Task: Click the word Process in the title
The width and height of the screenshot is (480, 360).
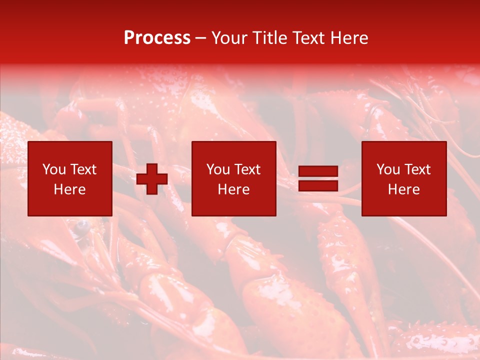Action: click(157, 38)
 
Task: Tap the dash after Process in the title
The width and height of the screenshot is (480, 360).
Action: click(201, 38)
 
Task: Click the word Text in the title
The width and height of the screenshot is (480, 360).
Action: click(310, 38)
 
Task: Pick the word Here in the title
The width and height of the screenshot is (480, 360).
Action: click(350, 38)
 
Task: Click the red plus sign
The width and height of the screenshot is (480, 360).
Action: click(152, 179)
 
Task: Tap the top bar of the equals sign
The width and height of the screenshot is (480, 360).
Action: click(318, 172)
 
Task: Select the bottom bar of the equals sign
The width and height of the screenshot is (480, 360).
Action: click(318, 186)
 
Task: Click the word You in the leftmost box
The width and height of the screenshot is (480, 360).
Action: click(54, 169)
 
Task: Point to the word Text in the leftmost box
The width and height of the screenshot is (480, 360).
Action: click(83, 169)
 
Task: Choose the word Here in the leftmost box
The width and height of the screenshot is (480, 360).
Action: click(69, 189)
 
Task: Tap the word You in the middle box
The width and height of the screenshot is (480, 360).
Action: click(218, 169)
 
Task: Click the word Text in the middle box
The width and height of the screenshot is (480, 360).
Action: click(247, 169)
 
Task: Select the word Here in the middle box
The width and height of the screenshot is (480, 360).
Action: click(233, 189)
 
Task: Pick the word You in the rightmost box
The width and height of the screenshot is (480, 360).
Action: click(388, 169)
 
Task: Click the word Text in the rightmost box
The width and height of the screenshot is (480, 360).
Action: click(417, 169)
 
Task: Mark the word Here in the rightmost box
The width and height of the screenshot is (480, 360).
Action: click(403, 189)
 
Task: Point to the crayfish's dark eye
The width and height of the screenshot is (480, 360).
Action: click(81, 227)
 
